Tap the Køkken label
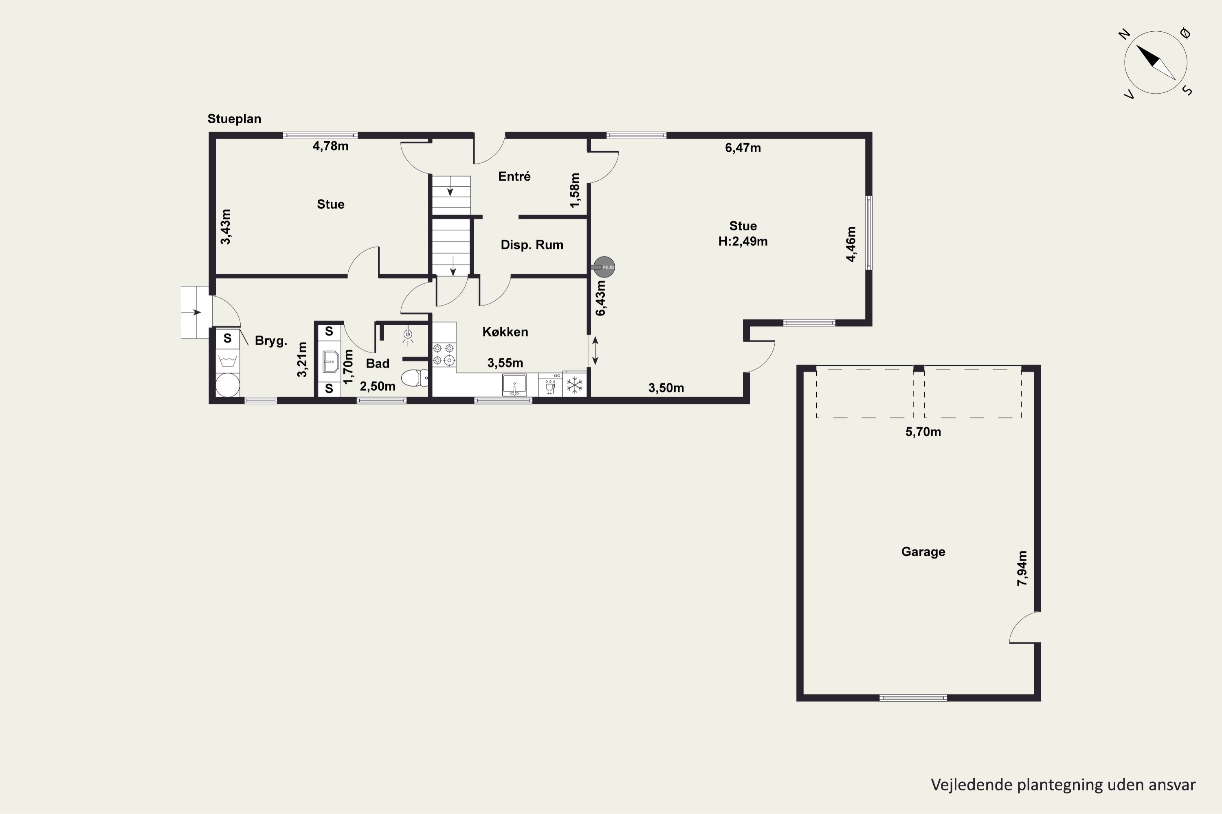[505, 332]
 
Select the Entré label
[514, 177]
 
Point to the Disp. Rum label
[532, 245]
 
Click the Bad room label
[378, 363]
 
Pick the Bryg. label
[271, 341]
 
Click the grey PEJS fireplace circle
[604, 267]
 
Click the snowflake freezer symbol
[575, 385]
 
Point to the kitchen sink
[514, 385]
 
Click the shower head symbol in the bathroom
[408, 335]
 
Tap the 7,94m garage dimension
[1022, 568]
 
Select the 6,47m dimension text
[743, 148]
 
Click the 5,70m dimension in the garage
[923, 432]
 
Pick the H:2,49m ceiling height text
[743, 241]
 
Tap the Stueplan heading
[234, 119]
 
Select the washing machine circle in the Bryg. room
[228, 385]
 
